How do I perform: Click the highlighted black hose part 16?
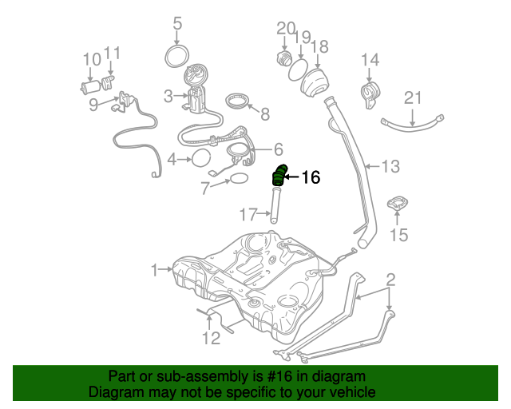pyautogui.click(x=279, y=176)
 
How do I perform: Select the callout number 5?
pyautogui.click(x=177, y=23)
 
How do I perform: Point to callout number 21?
pyautogui.click(x=412, y=98)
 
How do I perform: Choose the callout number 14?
pyautogui.click(x=369, y=60)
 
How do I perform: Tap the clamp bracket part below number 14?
pyautogui.click(x=370, y=94)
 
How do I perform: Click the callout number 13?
pyautogui.click(x=390, y=167)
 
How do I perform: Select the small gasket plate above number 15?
pyautogui.click(x=398, y=204)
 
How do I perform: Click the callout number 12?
pyautogui.click(x=210, y=339)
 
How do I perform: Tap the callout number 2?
pyautogui.click(x=390, y=280)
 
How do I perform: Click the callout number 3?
pyautogui.click(x=168, y=97)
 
